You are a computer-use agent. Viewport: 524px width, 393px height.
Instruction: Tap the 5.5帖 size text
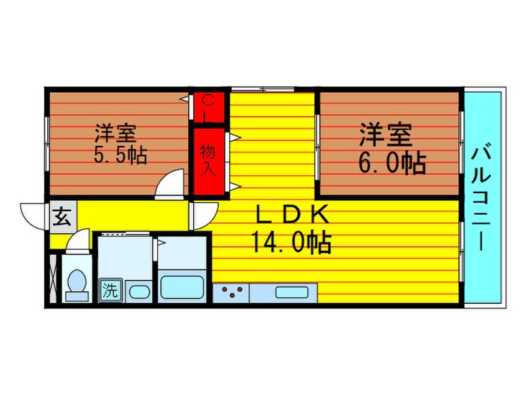pos(120,156)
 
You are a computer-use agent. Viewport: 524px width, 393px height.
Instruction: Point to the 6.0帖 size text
pos(392,162)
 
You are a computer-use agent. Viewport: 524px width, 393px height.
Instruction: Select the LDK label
pos(293,216)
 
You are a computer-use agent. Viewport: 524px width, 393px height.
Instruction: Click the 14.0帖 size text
pos(293,243)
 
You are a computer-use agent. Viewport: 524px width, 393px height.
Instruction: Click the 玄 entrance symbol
pos(62,218)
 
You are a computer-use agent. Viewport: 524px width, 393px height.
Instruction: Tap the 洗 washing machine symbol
pos(110,289)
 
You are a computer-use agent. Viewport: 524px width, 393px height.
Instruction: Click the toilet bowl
pos(76,284)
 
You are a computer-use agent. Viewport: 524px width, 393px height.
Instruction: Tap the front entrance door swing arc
pos(34,216)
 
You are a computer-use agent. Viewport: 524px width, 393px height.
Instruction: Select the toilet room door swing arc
pos(80,242)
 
